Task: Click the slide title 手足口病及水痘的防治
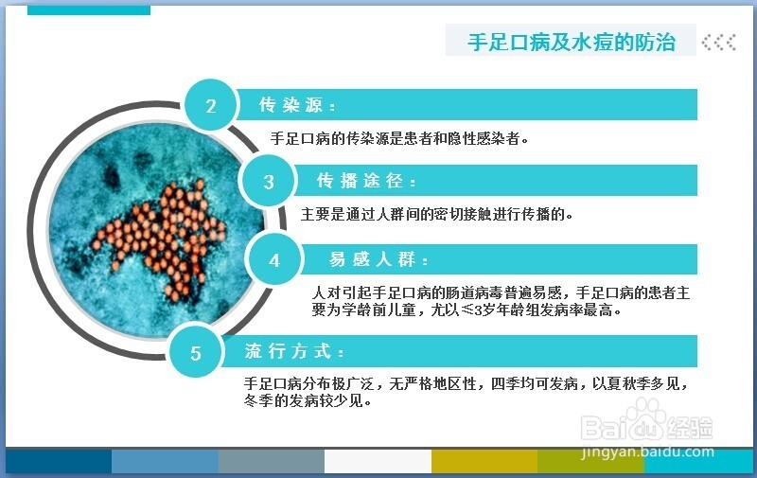(x=572, y=42)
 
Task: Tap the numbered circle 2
(x=211, y=105)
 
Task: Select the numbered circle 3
(x=269, y=182)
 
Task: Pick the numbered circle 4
(x=274, y=260)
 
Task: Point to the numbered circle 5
(x=196, y=352)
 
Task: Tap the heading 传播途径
(x=366, y=181)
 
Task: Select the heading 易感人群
(x=378, y=259)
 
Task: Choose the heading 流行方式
(x=294, y=351)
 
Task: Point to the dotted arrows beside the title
(x=719, y=43)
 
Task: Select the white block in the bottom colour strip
(x=378, y=462)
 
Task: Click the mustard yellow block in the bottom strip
(x=484, y=462)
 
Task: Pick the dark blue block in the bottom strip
(x=59, y=462)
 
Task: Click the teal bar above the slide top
(x=89, y=10)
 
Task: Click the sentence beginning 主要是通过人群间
(x=437, y=214)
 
